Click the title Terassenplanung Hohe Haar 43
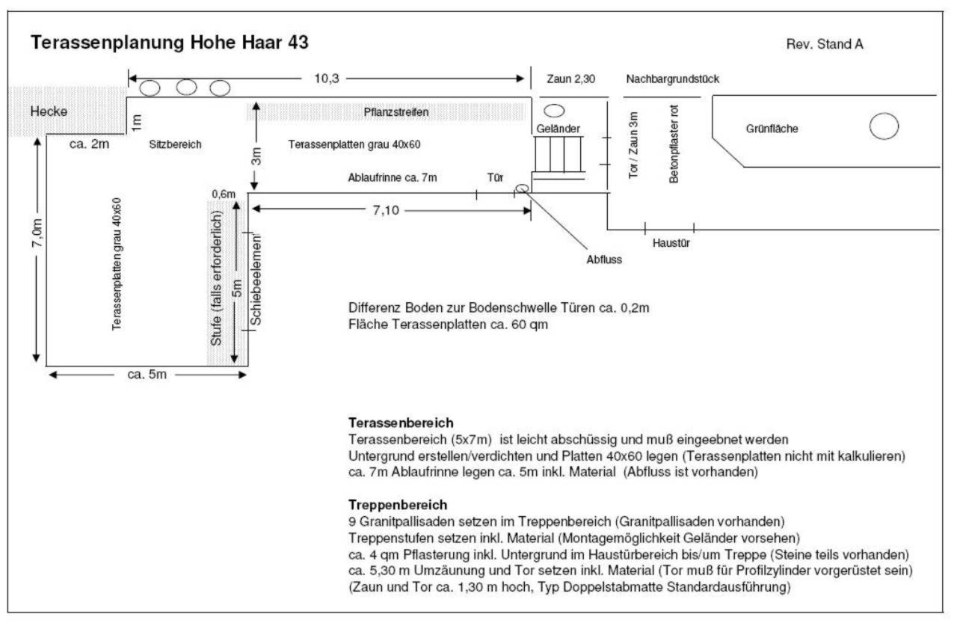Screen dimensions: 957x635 click(x=170, y=43)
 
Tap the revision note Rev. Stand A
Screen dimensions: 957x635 click(x=825, y=44)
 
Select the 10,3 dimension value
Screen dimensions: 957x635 click(x=327, y=79)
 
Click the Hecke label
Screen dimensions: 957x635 click(x=49, y=111)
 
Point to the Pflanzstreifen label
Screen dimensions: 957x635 click(x=396, y=112)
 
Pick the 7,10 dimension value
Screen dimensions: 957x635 click(x=386, y=210)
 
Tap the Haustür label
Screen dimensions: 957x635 click(x=671, y=243)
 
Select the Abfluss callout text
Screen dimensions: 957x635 click(x=604, y=260)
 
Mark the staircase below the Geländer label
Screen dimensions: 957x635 click(x=558, y=154)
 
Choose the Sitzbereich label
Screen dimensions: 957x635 click(x=175, y=144)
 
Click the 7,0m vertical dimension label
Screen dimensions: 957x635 click(x=37, y=233)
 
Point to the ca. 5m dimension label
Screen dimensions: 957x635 click(x=147, y=374)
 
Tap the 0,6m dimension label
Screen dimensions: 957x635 click(x=224, y=194)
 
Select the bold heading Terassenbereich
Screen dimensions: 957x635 click(x=401, y=423)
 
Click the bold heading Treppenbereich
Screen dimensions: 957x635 click(x=398, y=505)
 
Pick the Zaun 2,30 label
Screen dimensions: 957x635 click(x=570, y=79)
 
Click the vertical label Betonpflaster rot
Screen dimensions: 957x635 click(x=674, y=144)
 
